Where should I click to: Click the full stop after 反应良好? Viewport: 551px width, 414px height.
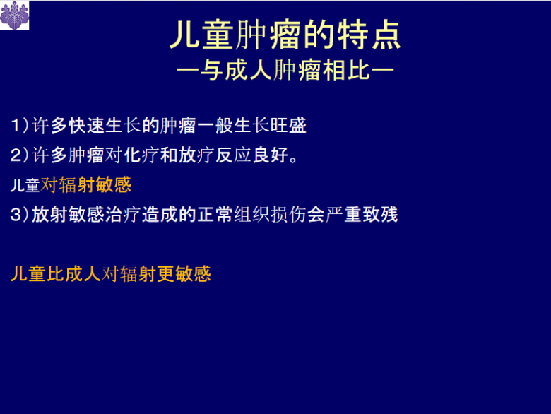pyautogui.click(x=295, y=157)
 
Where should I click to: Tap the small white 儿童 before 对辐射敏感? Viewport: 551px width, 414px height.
pyautogui.click(x=25, y=186)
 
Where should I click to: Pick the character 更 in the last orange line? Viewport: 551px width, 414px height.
pyautogui.click(x=166, y=273)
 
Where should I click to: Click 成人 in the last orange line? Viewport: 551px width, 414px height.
pyautogui.click(x=83, y=273)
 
